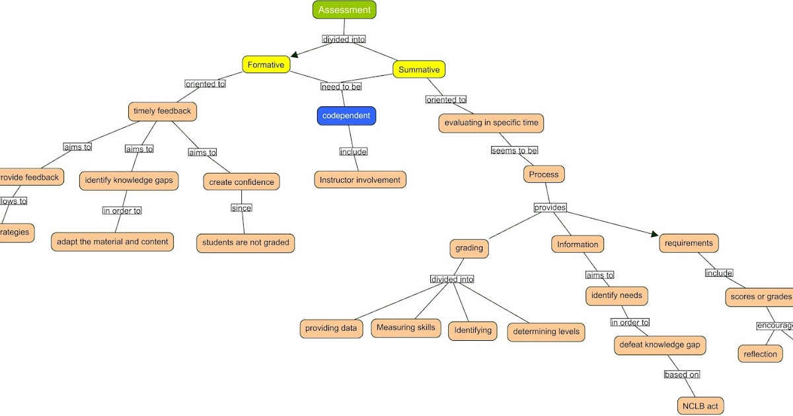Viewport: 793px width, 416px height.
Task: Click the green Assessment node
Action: tap(344, 10)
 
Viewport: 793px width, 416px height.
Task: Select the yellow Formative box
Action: tap(266, 65)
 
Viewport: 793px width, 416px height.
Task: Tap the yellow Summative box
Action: tap(419, 69)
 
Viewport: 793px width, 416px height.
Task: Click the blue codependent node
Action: tap(346, 116)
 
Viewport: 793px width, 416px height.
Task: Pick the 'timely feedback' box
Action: tap(162, 111)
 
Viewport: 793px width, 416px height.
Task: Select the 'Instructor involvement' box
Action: tap(360, 180)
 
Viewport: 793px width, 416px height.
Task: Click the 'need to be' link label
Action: tap(341, 87)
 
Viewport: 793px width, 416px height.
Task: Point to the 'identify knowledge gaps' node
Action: tap(129, 180)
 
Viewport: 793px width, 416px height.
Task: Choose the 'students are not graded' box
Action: tap(245, 242)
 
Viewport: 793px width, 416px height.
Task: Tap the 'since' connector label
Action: tap(241, 208)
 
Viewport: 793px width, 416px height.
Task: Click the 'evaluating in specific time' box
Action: tap(491, 123)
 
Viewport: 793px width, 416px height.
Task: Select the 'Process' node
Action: tap(545, 174)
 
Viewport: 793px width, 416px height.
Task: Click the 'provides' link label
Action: tap(550, 207)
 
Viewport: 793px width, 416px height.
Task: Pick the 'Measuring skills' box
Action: tap(406, 328)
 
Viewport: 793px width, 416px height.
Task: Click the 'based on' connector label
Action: tap(682, 374)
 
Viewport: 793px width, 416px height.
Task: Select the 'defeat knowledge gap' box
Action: tap(660, 345)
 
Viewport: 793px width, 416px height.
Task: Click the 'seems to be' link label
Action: tap(514, 151)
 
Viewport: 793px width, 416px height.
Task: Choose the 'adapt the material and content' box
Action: tap(112, 242)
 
